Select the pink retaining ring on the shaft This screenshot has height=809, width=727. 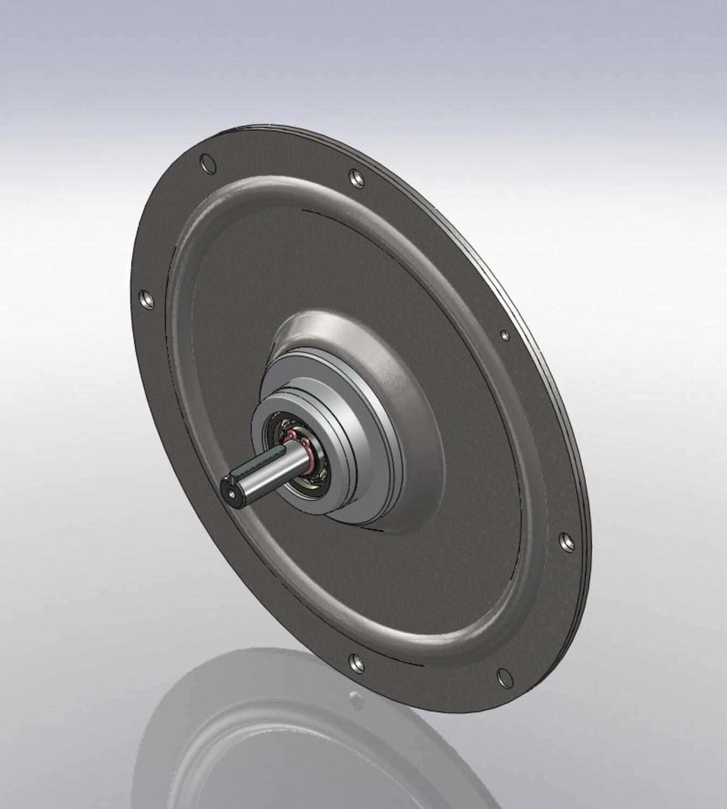[308, 456]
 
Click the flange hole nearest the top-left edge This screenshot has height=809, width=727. [207, 163]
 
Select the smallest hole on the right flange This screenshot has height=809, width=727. [505, 335]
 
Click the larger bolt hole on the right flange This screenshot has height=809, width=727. [565, 542]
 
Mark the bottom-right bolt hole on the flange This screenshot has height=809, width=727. [503, 677]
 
